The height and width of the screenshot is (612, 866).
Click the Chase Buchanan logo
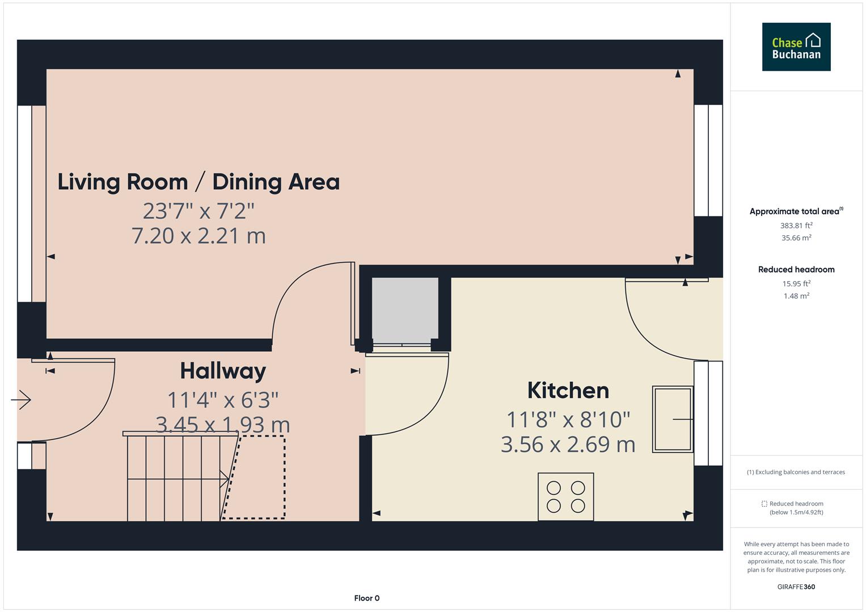coord(796,47)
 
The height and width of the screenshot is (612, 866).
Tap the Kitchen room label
coord(568,390)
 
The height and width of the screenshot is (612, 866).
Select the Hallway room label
coord(223,371)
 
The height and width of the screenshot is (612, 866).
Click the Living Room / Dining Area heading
coord(198,182)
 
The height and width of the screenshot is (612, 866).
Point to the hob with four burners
coord(565,496)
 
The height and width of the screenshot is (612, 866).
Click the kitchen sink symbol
coord(673,419)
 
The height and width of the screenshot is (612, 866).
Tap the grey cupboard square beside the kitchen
coord(405,310)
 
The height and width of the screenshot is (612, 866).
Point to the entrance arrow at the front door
coord(21,399)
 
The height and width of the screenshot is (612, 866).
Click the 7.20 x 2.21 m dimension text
coord(198,236)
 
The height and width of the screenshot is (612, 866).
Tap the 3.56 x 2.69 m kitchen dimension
coord(568,444)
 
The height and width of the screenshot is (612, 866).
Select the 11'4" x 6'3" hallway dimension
coord(223,400)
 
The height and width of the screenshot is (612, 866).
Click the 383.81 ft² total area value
coord(796,226)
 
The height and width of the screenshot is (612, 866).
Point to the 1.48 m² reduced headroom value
coord(796,296)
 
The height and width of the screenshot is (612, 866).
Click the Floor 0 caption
coord(366,598)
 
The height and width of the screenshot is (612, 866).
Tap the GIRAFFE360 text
coord(796,586)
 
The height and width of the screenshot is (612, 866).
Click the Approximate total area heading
coord(796,211)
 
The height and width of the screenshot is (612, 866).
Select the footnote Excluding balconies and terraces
coord(796,472)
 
